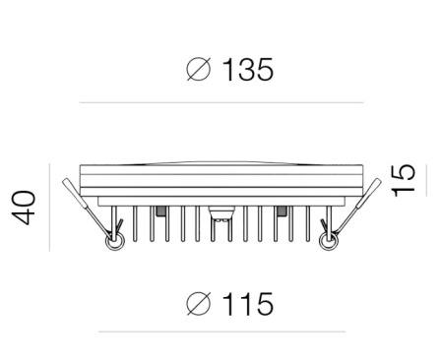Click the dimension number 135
248,70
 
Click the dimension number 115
248,304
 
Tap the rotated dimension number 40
24,208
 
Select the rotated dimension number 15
404,180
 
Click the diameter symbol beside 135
198,69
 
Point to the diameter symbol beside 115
198,304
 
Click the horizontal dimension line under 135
221,102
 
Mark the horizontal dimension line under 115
221,331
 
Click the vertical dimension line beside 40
49,208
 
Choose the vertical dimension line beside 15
426,180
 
